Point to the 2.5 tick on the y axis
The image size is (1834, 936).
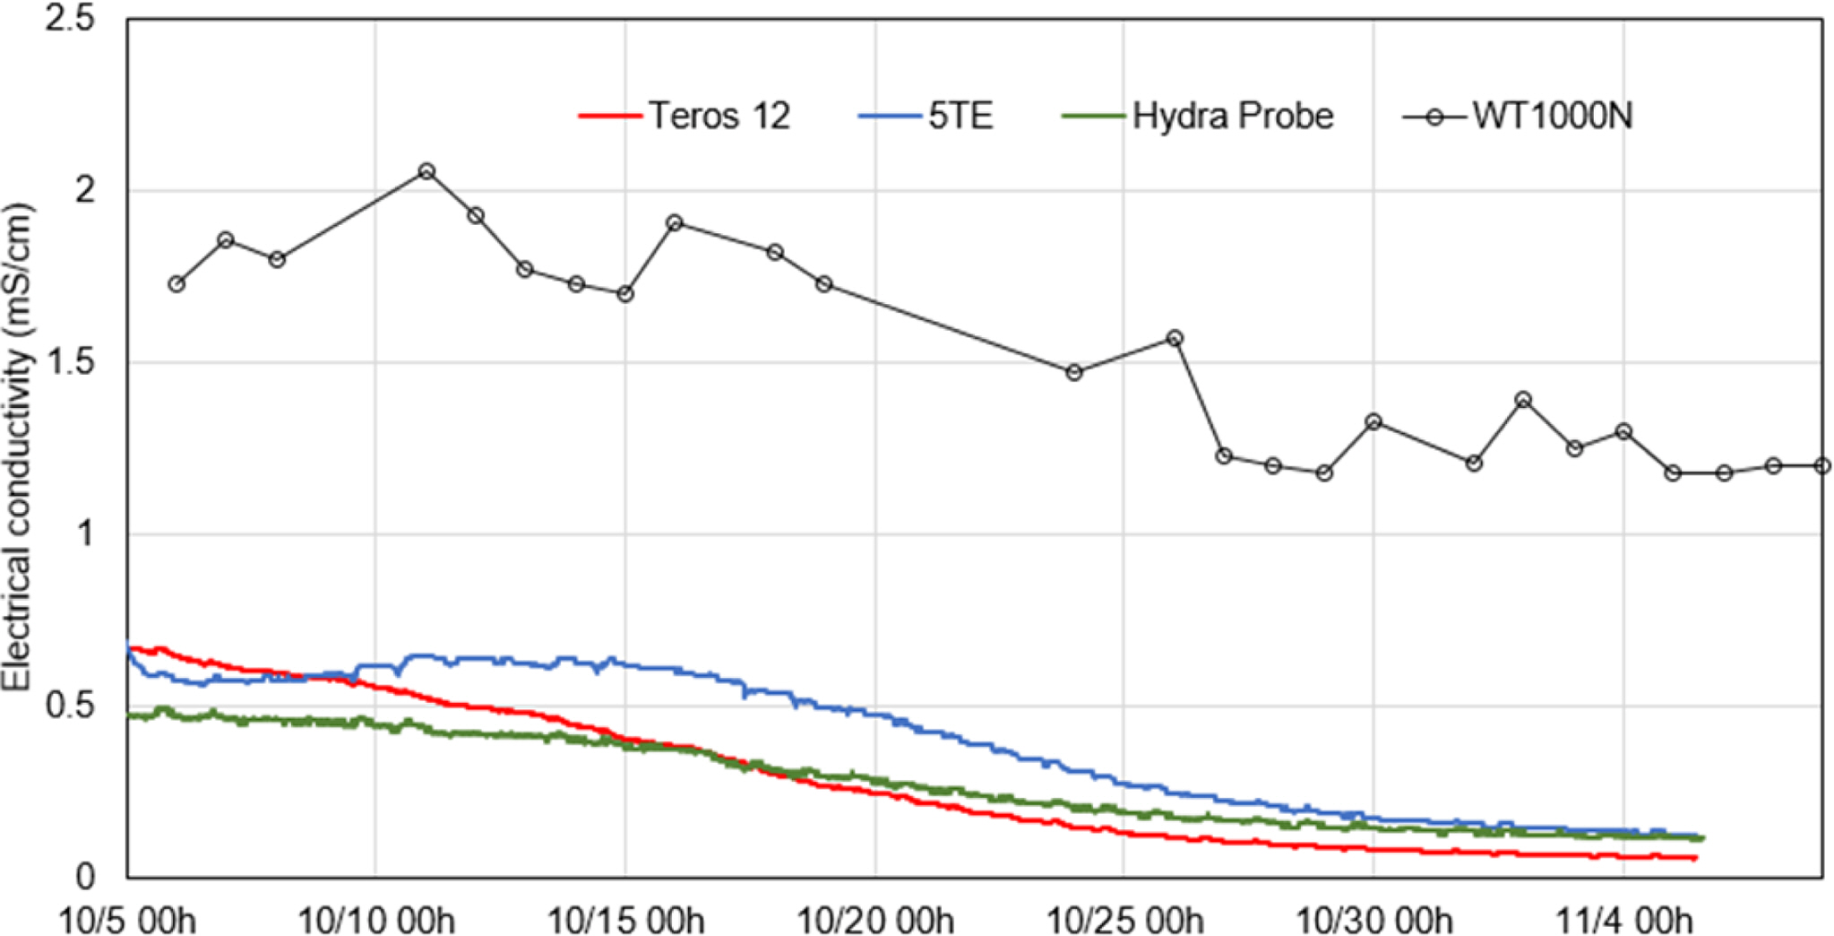point(70,19)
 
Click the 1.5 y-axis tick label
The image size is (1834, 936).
point(70,362)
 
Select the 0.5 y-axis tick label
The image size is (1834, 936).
point(70,706)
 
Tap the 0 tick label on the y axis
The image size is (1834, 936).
point(85,877)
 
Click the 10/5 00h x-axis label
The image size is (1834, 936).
point(126,920)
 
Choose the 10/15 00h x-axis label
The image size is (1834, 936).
point(625,920)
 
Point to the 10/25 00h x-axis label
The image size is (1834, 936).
point(1124,920)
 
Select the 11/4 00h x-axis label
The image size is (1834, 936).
point(1623,920)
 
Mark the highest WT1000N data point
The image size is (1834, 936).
point(427,171)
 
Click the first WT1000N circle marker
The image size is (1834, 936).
point(177,284)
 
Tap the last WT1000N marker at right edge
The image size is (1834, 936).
point(1821,466)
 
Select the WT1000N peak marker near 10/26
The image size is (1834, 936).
point(1175,339)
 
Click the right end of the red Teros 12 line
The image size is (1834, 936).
point(1693,858)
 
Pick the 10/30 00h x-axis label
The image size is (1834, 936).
point(1373,920)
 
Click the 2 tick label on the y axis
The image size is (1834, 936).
point(85,191)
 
